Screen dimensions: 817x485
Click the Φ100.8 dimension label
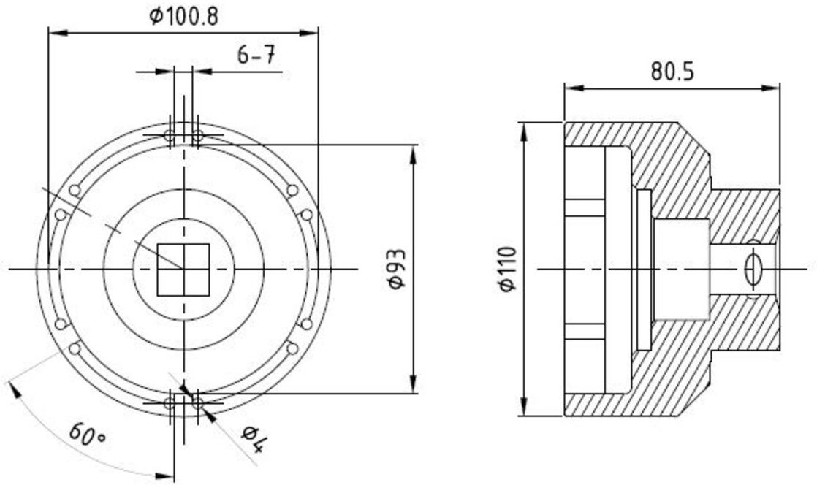tap(184, 17)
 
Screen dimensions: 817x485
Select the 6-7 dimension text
tap(256, 55)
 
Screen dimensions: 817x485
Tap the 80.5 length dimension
tap(672, 72)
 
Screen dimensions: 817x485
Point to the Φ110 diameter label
tap(506, 269)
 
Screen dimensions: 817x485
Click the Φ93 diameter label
tap(397, 269)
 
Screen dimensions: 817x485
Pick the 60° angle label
tap(88, 433)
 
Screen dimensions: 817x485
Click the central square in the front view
tap(183, 270)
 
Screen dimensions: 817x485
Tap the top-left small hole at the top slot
tap(170, 137)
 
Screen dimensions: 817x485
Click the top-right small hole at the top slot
tap(197, 137)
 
